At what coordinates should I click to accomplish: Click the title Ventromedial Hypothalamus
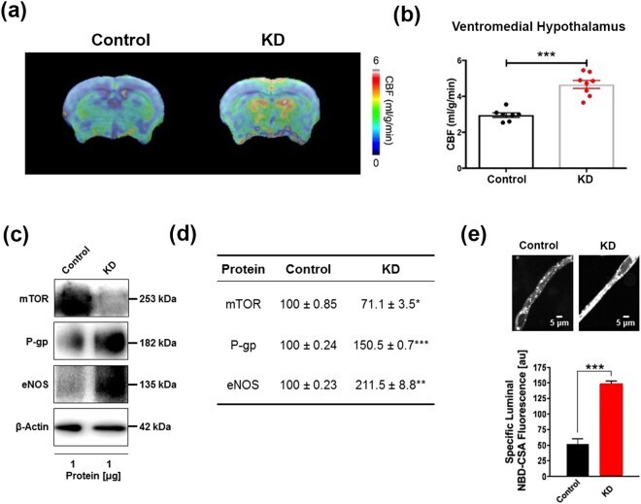[538, 27]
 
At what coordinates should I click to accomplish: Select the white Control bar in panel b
[506, 142]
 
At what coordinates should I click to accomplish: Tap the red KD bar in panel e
[611, 429]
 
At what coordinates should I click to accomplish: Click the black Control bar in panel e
[578, 460]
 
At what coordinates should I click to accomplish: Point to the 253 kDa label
[157, 299]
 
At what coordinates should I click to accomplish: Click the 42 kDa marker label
[154, 426]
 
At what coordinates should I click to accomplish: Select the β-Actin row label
[32, 427]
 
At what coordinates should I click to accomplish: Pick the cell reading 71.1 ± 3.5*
[390, 304]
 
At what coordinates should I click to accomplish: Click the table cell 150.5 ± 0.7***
[390, 345]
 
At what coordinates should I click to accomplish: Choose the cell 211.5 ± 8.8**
[390, 385]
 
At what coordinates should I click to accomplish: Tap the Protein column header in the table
[243, 269]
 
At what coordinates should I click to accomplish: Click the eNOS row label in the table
[243, 385]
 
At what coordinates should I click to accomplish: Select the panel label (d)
[184, 234]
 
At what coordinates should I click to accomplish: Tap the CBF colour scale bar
[376, 112]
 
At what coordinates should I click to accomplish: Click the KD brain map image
[269, 109]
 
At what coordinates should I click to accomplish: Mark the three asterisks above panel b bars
[546, 54]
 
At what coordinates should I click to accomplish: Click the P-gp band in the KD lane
[110, 342]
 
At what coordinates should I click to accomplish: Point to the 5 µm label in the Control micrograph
[558, 322]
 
